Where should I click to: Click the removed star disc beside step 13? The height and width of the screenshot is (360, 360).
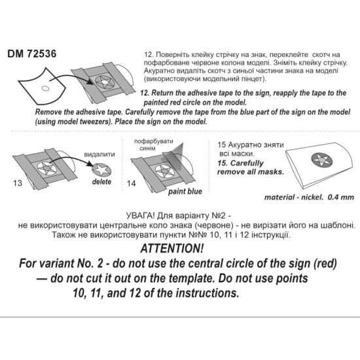tap(103, 170)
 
